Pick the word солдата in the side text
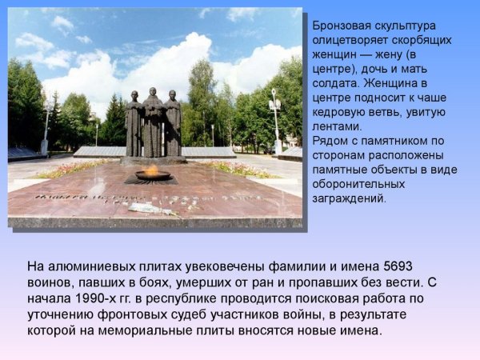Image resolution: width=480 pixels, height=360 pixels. click(332, 82)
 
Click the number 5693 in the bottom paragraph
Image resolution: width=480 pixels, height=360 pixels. click(398, 266)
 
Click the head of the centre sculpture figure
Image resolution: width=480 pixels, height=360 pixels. click(152, 94)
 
